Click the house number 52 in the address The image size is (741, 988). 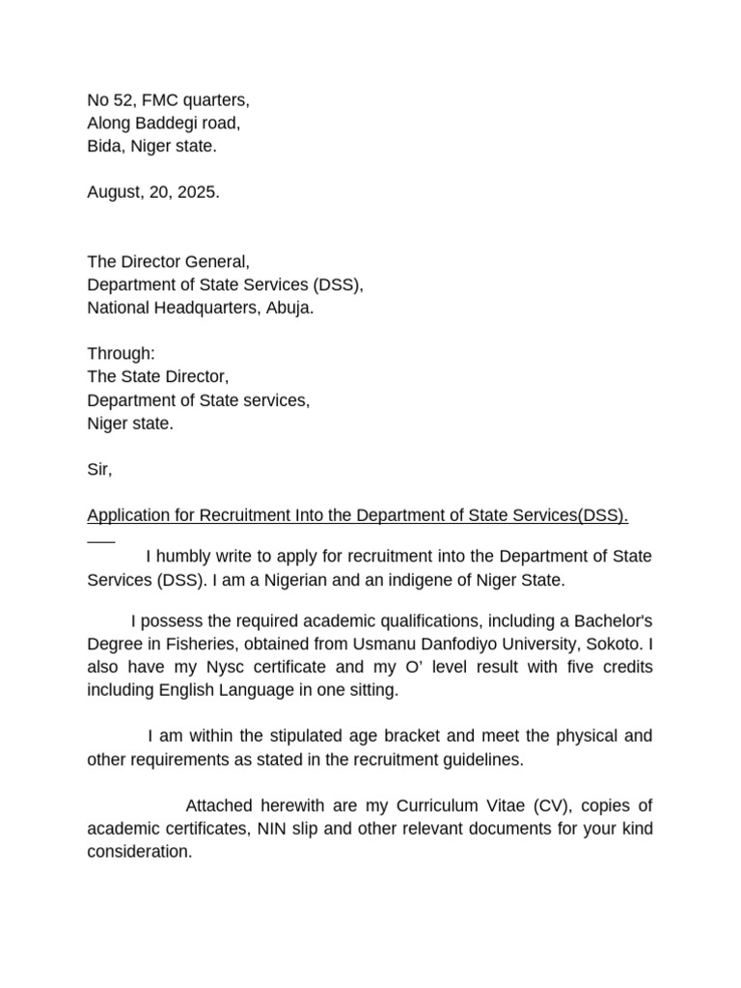point(123,100)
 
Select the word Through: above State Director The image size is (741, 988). point(121,354)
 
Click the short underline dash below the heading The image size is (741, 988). point(101,538)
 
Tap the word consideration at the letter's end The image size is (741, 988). point(139,852)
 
